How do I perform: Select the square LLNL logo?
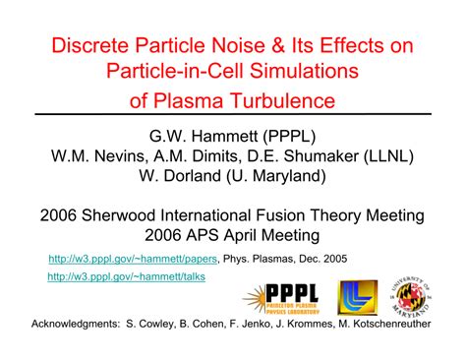pyautogui.click(x=358, y=296)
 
